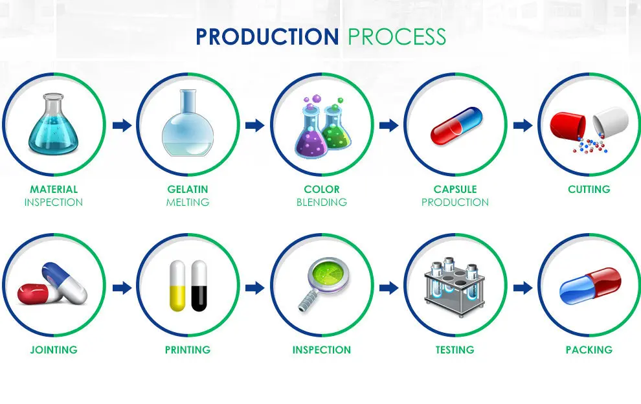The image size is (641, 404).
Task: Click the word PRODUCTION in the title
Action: click(267, 37)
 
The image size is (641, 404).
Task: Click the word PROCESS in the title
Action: click(396, 37)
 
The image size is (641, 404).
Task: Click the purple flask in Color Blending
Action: click(311, 130)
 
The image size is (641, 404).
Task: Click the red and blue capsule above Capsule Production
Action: click(456, 126)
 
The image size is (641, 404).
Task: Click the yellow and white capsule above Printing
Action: click(177, 286)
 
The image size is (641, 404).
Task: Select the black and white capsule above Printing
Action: click(199, 286)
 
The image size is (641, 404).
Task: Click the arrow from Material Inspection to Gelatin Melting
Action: click(122, 125)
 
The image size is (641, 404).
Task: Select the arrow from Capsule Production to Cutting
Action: click(523, 125)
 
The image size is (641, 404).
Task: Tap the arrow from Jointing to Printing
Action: click(122, 287)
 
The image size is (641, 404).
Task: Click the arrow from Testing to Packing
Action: click(523, 287)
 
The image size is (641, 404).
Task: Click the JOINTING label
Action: click(54, 350)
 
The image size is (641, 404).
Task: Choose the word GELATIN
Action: click(188, 189)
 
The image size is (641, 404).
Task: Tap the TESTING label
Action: click(455, 350)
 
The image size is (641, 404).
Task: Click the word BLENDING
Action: click(322, 202)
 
